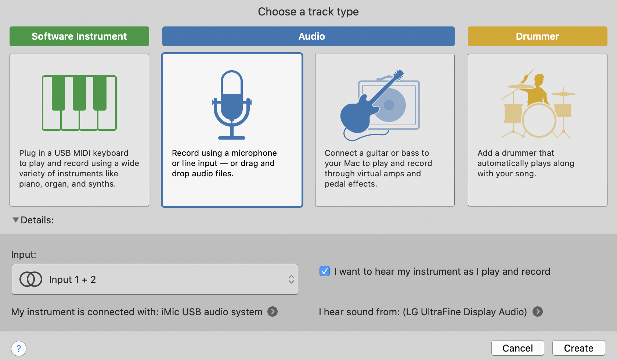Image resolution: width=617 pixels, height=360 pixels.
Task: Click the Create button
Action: pos(578,348)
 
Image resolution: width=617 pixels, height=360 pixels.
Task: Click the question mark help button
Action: pos(19,349)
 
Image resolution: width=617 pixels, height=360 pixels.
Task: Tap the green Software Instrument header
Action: pos(79,36)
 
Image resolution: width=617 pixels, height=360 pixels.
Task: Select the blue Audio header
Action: pos(308,36)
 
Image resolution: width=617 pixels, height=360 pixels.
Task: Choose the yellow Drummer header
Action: pos(537,36)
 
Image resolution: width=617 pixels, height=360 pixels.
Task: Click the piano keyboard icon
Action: pos(79,103)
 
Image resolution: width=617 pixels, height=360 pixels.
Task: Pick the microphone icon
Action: pos(232,105)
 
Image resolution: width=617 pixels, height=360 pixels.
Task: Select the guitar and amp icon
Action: pos(380,105)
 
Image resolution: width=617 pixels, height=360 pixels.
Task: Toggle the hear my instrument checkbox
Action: pos(325,271)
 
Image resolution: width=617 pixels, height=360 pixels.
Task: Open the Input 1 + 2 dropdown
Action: pos(155,279)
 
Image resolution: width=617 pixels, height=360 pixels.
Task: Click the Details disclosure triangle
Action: pos(16,220)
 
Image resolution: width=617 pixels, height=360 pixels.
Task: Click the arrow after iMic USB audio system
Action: pos(273,312)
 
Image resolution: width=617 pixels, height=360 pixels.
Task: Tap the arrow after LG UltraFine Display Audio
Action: pos(537,312)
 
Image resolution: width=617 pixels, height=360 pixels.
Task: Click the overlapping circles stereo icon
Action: pos(31,279)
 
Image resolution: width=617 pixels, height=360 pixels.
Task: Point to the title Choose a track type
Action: pos(308,11)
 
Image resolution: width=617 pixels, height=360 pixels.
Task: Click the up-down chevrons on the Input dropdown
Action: pos(291,279)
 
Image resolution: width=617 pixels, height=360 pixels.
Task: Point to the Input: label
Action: pos(24,255)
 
